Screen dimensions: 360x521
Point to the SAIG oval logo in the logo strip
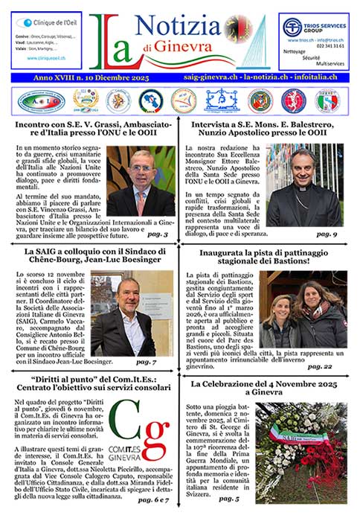[41, 100]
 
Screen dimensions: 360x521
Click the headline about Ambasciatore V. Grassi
[97, 130]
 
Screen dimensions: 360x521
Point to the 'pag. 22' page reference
[328, 366]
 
